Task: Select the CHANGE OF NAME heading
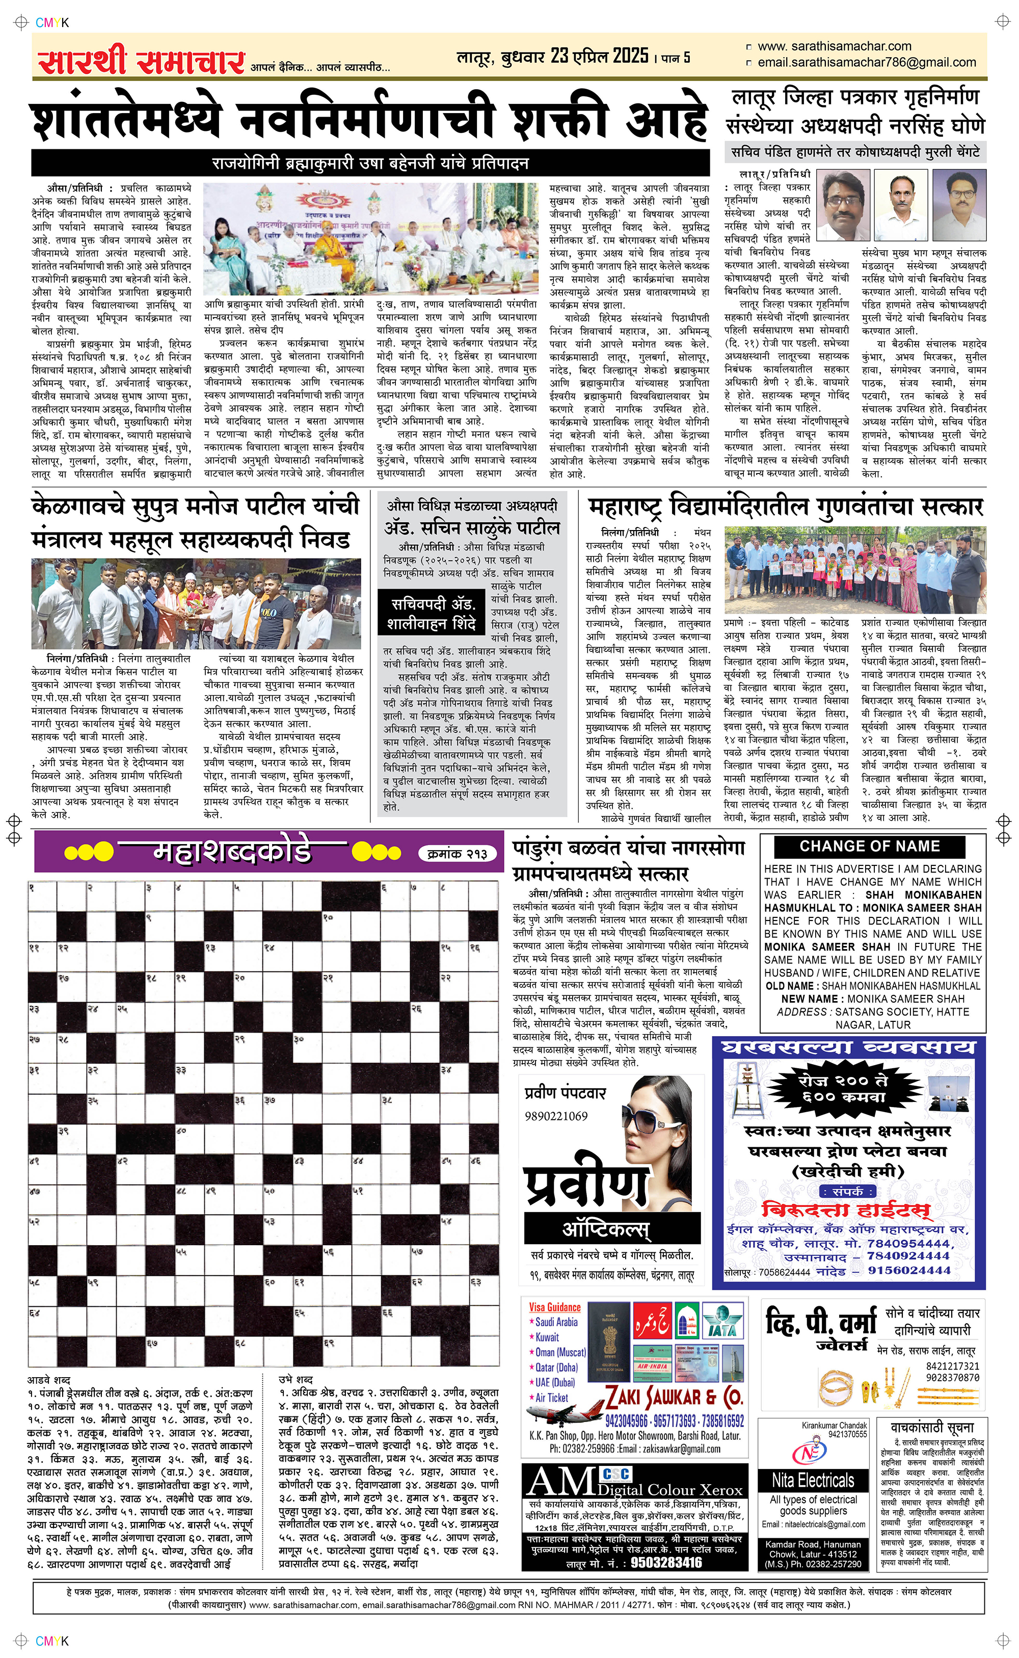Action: pyautogui.click(x=869, y=846)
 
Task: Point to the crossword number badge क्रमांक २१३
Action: pyautogui.click(x=458, y=854)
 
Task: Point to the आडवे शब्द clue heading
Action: pyautogui.click(x=48, y=1380)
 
